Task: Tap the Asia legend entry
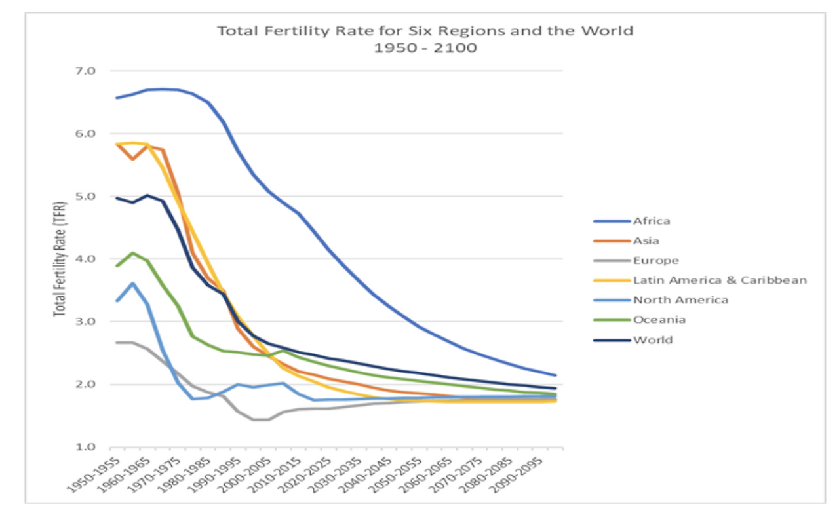[646, 240]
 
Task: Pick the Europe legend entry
[656, 260]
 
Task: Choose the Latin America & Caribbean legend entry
[719, 280]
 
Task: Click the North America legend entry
[680, 300]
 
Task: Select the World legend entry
[652, 340]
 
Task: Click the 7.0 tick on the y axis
[87, 71]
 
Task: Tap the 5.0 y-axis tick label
[87, 196]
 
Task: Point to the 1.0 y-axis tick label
[87, 448]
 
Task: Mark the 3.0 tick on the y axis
[87, 322]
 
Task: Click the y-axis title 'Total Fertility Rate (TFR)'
[60, 259]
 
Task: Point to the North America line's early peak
[133, 284]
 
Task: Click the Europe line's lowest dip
[260, 419]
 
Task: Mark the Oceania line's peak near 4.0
[133, 253]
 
